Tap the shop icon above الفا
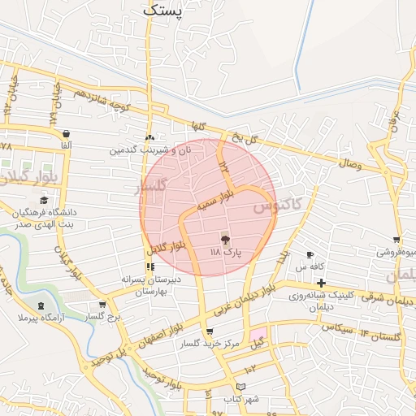point(65,134)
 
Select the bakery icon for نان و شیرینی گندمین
point(149,137)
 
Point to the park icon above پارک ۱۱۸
point(225,240)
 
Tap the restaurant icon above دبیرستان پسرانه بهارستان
point(149,266)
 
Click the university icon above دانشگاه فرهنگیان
point(42,201)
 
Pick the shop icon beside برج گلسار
point(90,305)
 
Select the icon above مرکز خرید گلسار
point(210,331)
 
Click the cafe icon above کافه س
point(310,255)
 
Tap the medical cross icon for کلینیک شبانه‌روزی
point(322,282)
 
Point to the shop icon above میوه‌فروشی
point(396,240)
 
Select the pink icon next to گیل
point(258,333)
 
